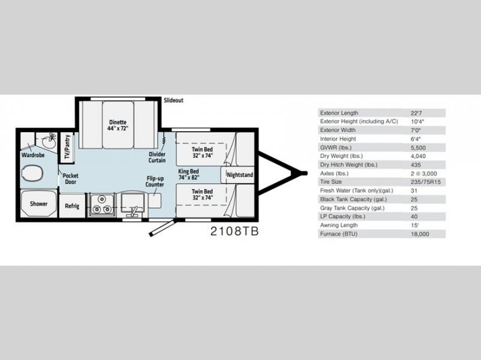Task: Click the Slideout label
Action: pyautogui.click(x=173, y=100)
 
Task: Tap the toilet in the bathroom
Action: pyautogui.click(x=32, y=172)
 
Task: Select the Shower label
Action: pyautogui.click(x=38, y=204)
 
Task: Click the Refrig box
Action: pyautogui.click(x=72, y=206)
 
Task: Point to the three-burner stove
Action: pyautogui.click(x=102, y=204)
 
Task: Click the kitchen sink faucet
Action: pyautogui.click(x=133, y=212)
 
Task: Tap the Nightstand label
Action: pyautogui.click(x=240, y=175)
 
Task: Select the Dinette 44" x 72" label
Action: pyautogui.click(x=118, y=125)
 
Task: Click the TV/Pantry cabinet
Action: pyautogui.click(x=67, y=147)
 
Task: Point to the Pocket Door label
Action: pyautogui.click(x=70, y=178)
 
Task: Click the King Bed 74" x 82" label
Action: pyautogui.click(x=189, y=174)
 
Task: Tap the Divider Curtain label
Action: pyautogui.click(x=157, y=157)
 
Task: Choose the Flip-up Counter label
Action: pyautogui.click(x=155, y=182)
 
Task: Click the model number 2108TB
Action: pyautogui.click(x=234, y=231)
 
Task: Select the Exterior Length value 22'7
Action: pyautogui.click(x=416, y=113)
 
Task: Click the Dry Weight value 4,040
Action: pyautogui.click(x=418, y=156)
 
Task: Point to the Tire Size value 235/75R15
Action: pyautogui.click(x=426, y=182)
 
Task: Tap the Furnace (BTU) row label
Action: pyautogui.click(x=339, y=234)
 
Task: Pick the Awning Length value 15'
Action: pyautogui.click(x=414, y=225)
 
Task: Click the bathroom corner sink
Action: pyautogui.click(x=49, y=141)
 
